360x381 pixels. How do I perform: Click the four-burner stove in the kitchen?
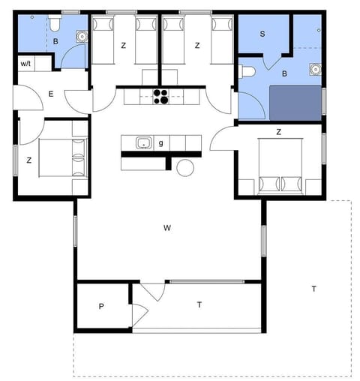161,95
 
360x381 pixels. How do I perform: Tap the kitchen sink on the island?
143,142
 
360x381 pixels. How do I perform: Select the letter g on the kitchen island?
161,142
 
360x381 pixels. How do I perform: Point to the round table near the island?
184,168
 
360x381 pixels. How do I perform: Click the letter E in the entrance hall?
50,94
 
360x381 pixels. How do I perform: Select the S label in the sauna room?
262,34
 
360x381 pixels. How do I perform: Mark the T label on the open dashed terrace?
313,289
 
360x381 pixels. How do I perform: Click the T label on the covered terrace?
199,304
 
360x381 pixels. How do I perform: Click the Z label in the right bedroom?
278,132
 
